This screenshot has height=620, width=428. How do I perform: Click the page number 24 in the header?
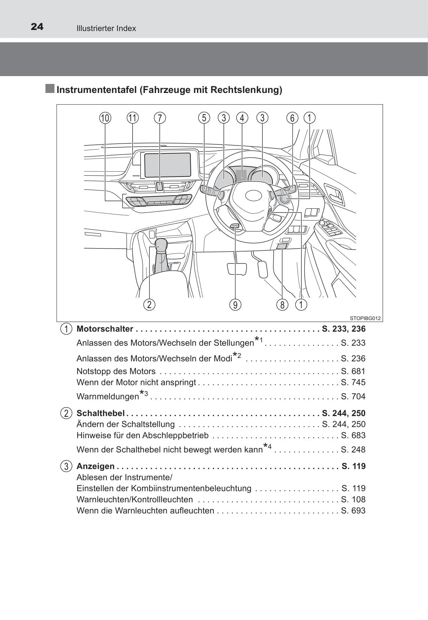(37, 27)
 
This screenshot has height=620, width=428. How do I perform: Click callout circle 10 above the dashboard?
(105, 118)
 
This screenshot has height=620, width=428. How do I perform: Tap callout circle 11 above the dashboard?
(133, 118)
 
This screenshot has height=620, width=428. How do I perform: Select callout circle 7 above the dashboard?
(160, 118)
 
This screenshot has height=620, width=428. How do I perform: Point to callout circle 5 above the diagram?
(204, 118)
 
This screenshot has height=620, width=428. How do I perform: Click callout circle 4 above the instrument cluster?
(242, 118)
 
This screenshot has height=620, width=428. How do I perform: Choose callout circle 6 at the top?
(292, 118)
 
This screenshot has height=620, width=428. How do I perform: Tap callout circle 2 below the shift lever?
(149, 304)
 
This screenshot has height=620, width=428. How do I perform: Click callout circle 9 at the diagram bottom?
(235, 305)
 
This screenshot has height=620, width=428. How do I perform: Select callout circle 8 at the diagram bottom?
(282, 305)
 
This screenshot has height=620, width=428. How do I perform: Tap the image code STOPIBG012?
(365, 318)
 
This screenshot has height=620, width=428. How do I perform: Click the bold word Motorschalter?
(105, 329)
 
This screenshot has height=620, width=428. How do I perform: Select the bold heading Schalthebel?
(100, 413)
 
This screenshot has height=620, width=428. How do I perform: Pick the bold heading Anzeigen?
(96, 466)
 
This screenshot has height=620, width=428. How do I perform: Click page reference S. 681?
(353, 371)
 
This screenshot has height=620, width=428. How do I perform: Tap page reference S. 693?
(353, 511)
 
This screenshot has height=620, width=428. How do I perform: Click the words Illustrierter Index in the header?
(106, 28)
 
